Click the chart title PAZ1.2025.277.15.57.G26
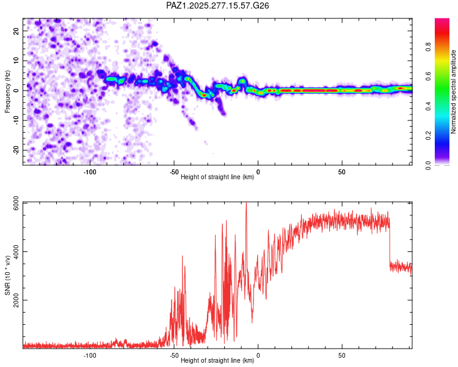(x=217, y=6)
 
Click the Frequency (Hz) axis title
(x=7, y=90)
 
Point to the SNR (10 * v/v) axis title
(x=7, y=275)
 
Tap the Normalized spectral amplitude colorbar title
(x=453, y=92)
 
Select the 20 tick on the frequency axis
(x=17, y=31)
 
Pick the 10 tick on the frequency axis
(x=17, y=61)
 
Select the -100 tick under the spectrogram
(x=90, y=171)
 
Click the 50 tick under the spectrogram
(x=342, y=171)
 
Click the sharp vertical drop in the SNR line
(x=390, y=245)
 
